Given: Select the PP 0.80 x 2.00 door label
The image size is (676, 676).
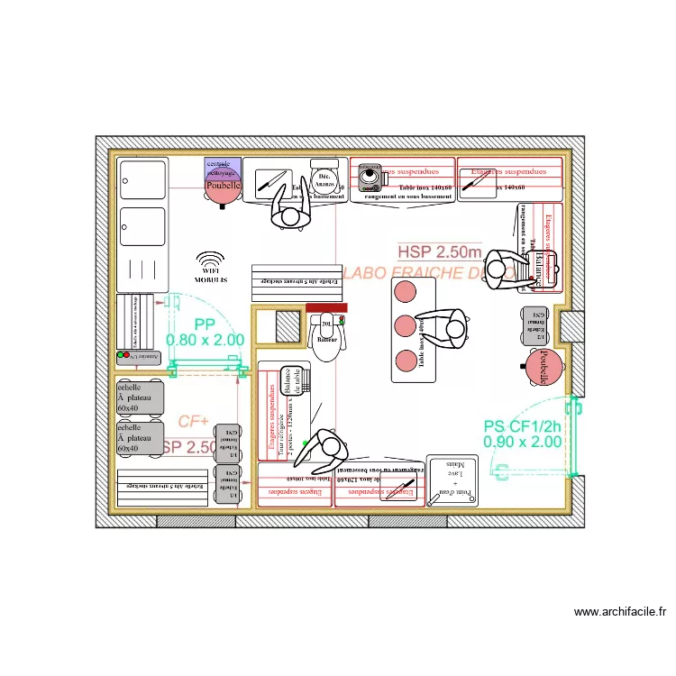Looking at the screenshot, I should pyautogui.click(x=205, y=332).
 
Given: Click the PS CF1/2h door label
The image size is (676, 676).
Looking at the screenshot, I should pyautogui.click(x=522, y=434).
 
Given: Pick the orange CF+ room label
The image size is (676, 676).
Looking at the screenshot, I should pyautogui.click(x=193, y=421).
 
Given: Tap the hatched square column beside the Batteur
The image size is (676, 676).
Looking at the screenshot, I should pyautogui.click(x=287, y=326).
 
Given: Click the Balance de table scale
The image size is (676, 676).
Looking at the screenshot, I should pyautogui.click(x=294, y=379).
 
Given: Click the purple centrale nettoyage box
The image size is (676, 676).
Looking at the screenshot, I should pyautogui.click(x=222, y=167).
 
